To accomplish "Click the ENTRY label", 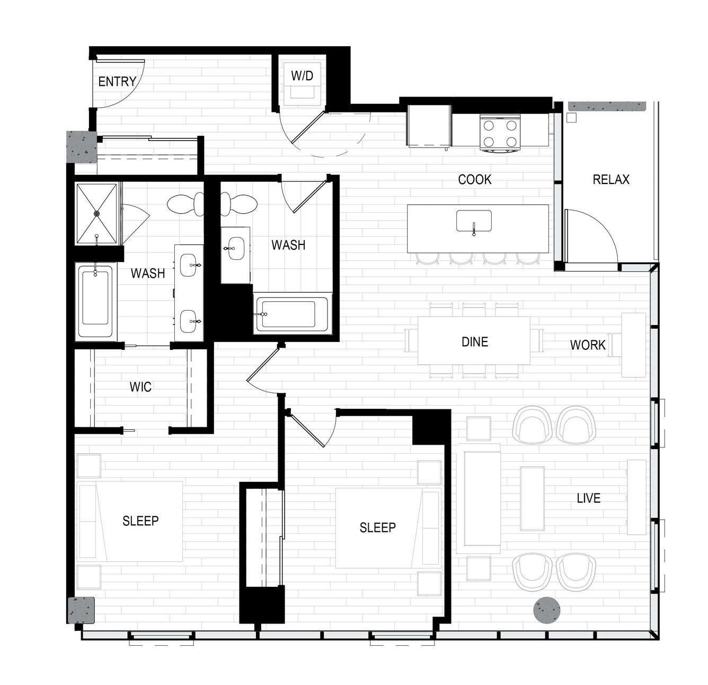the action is pyautogui.click(x=117, y=82).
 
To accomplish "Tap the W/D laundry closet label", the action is pyautogui.click(x=302, y=76).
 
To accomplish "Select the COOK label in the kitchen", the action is pyautogui.click(x=474, y=179).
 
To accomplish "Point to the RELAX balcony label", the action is pyautogui.click(x=611, y=179).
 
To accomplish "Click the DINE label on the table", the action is pyautogui.click(x=475, y=342).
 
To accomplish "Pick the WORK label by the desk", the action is pyautogui.click(x=588, y=345).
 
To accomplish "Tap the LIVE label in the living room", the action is pyautogui.click(x=588, y=498).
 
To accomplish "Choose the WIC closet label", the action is pyautogui.click(x=140, y=387).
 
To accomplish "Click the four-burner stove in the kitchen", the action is pyautogui.click(x=500, y=133).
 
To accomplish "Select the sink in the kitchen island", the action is pyautogui.click(x=474, y=221).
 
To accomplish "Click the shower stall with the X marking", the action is pyautogui.click(x=97, y=214).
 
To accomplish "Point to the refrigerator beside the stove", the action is pyautogui.click(x=429, y=126).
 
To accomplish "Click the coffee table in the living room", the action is pyautogui.click(x=532, y=498).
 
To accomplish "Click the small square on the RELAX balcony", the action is pyautogui.click(x=572, y=117).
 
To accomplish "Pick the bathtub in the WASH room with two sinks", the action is pyautogui.click(x=95, y=301).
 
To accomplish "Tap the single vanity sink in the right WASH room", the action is pyautogui.click(x=235, y=249).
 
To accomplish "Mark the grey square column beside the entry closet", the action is pyautogui.click(x=82, y=147).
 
